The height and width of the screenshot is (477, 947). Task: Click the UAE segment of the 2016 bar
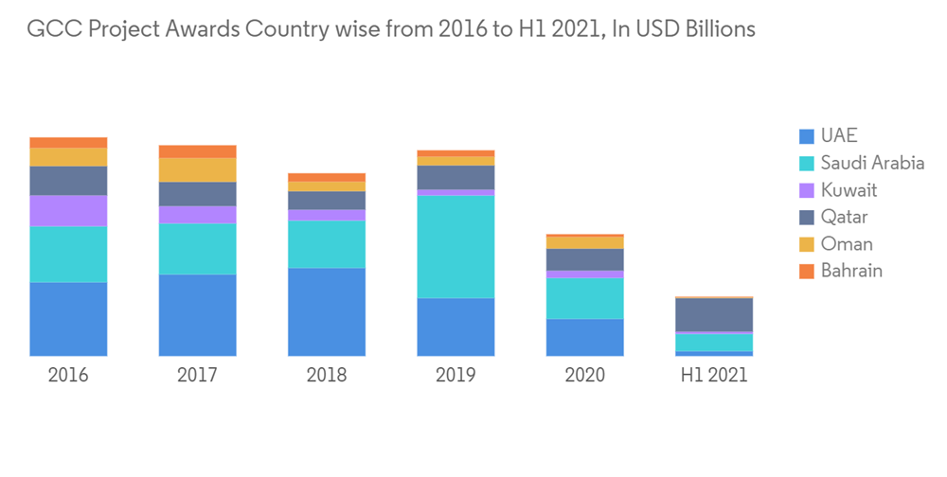(68, 319)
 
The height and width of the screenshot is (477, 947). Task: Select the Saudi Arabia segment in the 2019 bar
(456, 247)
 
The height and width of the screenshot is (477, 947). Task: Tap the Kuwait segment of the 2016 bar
(68, 211)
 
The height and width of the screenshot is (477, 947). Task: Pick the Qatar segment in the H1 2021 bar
(714, 314)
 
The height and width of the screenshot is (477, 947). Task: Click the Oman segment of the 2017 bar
(197, 169)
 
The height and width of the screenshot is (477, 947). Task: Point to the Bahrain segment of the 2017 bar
(197, 151)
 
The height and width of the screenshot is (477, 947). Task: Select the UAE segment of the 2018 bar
(327, 311)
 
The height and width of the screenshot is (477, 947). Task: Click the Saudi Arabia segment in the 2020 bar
(585, 298)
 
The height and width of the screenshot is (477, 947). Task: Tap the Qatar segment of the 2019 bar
(456, 177)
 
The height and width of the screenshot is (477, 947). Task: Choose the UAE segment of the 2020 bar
(585, 337)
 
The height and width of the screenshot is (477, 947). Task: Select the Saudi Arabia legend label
(872, 163)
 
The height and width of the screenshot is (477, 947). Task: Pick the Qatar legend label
(844, 218)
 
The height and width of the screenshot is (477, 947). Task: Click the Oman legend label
(847, 244)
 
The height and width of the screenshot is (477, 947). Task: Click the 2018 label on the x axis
(327, 375)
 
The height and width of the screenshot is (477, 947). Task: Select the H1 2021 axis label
(714, 375)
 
